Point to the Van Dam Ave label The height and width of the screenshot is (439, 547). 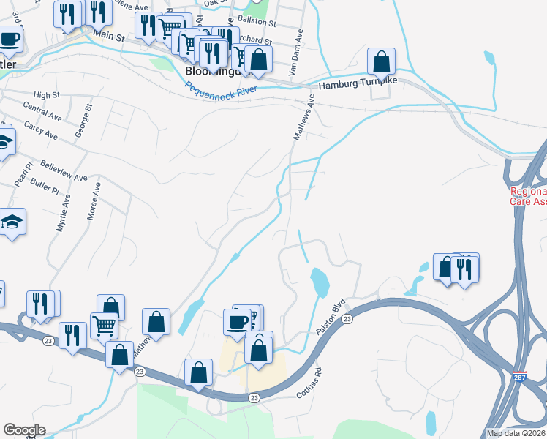tap(296, 53)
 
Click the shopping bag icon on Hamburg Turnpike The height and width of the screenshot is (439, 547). tap(381, 61)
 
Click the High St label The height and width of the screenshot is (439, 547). tap(46, 95)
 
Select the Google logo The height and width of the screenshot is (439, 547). tap(24, 430)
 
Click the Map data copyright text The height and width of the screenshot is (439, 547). tap(516, 433)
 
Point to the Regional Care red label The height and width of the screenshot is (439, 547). tap(528, 195)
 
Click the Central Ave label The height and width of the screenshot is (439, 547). tap(42, 113)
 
